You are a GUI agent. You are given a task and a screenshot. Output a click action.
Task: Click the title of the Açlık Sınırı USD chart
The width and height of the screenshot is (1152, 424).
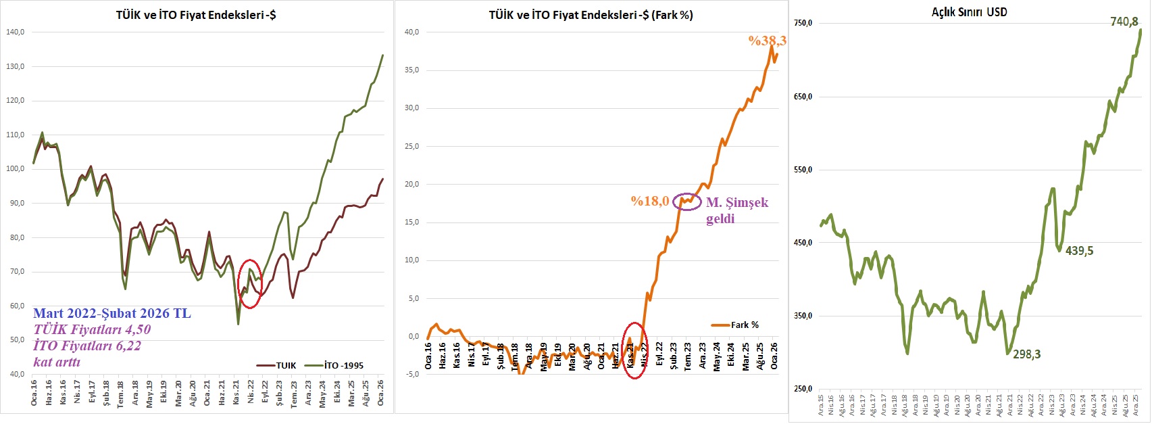(969, 11)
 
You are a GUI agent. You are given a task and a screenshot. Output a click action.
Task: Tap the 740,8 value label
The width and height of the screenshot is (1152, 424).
(1124, 22)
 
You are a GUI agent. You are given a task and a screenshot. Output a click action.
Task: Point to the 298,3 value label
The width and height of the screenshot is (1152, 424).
(1026, 354)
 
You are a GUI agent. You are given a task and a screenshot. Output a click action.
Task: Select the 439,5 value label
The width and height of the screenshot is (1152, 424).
(1079, 251)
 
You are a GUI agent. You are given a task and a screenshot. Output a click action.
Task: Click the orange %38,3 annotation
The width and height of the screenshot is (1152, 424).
(767, 41)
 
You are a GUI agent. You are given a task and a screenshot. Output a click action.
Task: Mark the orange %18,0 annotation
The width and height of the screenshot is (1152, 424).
(649, 201)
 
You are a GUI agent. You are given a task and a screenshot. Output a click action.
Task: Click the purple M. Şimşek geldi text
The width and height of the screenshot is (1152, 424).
(736, 210)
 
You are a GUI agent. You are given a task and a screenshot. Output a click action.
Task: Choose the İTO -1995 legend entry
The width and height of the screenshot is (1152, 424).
(343, 365)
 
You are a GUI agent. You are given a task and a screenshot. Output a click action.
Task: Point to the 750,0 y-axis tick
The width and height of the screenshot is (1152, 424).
(802, 23)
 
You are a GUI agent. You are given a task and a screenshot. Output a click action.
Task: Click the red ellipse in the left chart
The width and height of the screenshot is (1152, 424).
(250, 284)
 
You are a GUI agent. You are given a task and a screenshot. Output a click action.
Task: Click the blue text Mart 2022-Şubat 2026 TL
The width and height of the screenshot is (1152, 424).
(112, 314)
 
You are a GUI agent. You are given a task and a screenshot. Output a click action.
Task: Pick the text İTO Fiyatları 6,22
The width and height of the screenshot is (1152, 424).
(87, 346)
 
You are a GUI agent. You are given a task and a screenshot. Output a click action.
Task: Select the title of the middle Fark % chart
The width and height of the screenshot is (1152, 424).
(591, 14)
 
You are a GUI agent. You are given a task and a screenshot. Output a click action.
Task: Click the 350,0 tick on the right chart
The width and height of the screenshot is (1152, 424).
(802, 316)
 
